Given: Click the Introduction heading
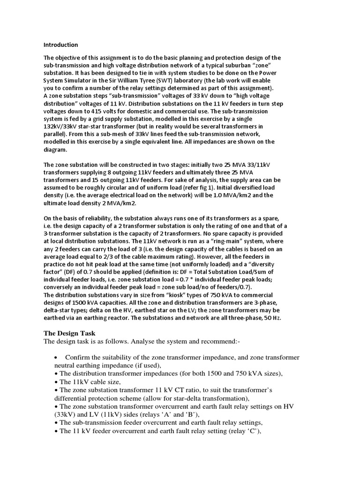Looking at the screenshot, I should pyautogui.click(x=61, y=45).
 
